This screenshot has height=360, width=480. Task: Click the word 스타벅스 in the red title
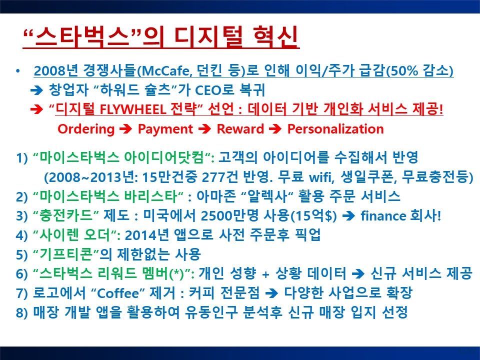tap(82, 37)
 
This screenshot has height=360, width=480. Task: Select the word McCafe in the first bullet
tap(165, 71)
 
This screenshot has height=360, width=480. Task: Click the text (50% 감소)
tap(419, 70)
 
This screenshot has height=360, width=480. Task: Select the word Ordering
tap(86, 129)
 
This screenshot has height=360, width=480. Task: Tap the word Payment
tap(165, 129)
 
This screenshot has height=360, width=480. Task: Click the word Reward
tap(240, 129)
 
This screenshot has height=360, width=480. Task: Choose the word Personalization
tap(335, 129)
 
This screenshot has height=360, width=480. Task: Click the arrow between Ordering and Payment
tap(125, 129)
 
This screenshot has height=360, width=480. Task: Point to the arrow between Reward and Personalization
tap(275, 129)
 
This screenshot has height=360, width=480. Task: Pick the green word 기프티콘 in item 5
tap(66, 254)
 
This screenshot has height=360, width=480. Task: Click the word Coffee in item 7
tap(118, 293)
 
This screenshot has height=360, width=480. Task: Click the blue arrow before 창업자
tap(36, 90)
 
